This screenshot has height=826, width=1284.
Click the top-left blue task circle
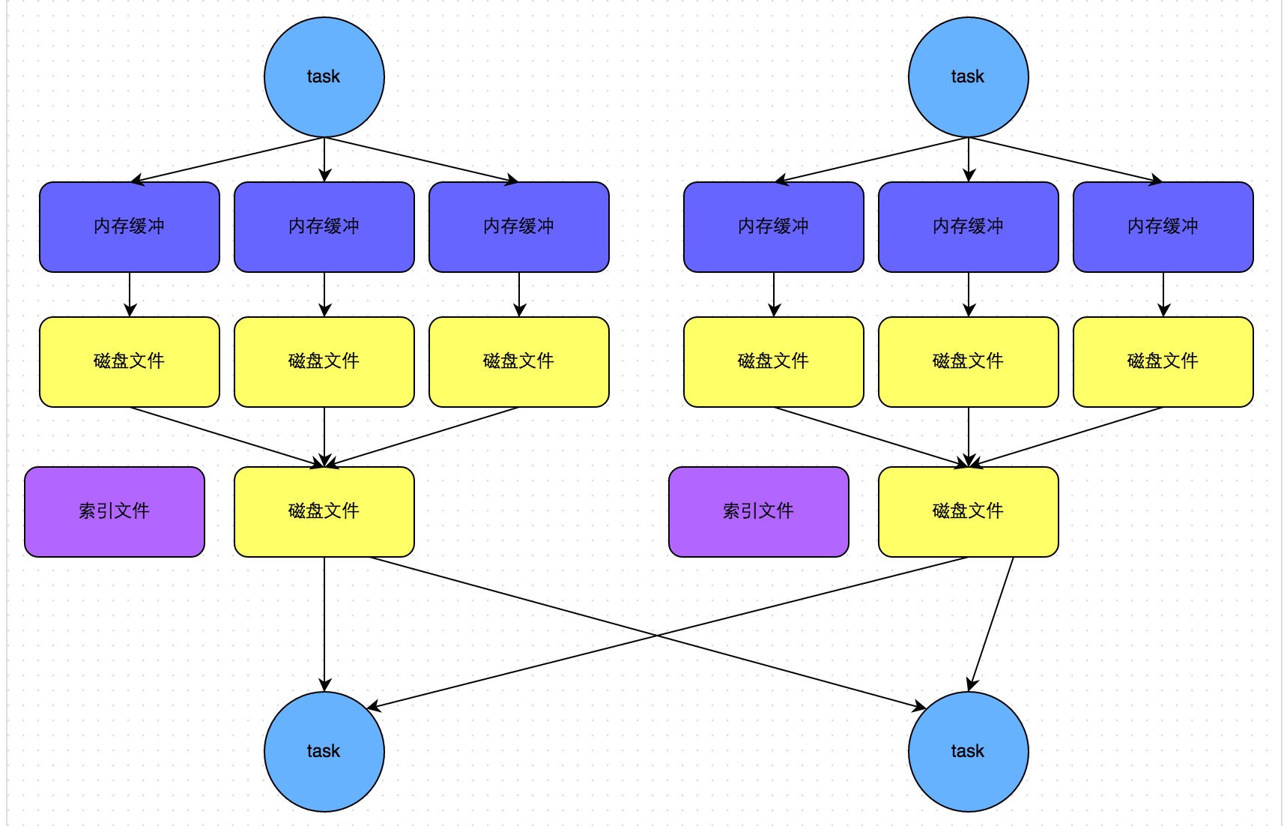coord(324,76)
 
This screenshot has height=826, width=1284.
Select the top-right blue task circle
coord(968,76)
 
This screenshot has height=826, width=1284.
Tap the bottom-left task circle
coord(324,751)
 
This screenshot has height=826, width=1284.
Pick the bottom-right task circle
coord(968,751)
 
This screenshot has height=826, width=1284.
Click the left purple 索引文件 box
coord(114,511)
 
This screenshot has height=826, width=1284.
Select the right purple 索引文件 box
coord(758,511)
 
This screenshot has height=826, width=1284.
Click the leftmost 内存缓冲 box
coord(129,226)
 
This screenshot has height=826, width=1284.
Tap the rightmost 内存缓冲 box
coord(1163,226)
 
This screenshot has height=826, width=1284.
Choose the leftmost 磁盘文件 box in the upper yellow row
coord(129,361)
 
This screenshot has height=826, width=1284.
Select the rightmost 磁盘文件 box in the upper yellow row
coord(1163,361)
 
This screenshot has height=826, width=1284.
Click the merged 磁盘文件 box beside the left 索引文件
coord(324,511)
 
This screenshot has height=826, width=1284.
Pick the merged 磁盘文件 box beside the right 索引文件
coord(968,511)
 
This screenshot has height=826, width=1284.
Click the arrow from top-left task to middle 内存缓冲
coord(324,159)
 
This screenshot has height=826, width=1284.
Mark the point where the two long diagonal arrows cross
coord(657,636)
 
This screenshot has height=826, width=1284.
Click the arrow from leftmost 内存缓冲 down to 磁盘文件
coord(130,294)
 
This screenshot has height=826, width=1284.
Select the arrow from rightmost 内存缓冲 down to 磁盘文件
coord(1163,294)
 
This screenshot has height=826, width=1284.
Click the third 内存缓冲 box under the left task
coord(518,226)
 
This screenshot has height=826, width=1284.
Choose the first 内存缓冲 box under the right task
coord(773,226)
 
